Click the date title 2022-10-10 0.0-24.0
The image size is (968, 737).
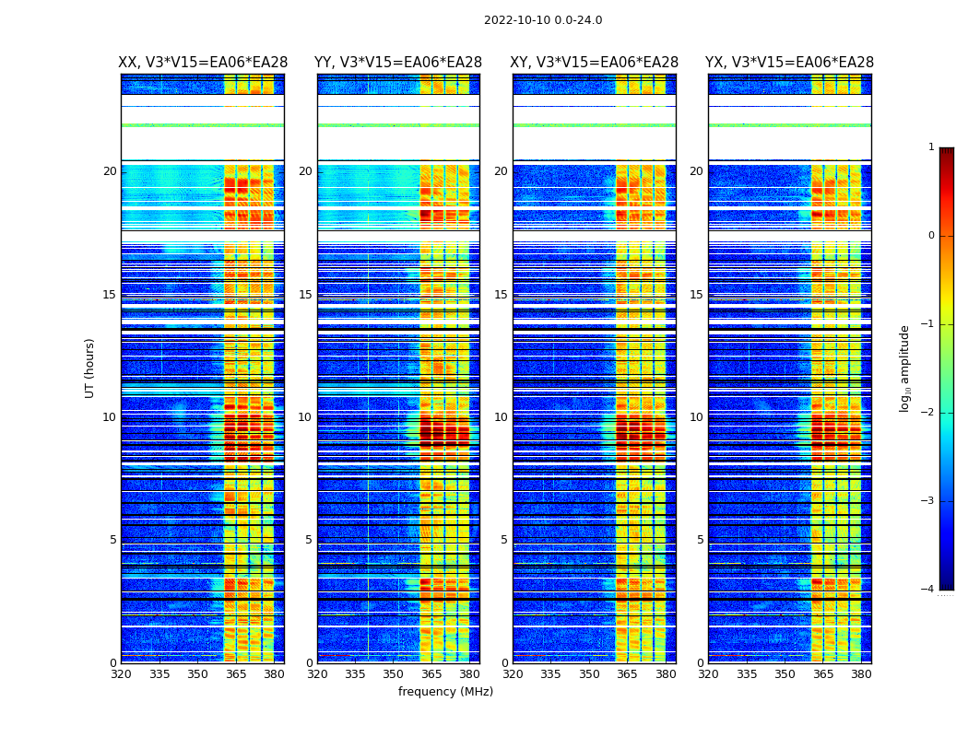[543, 20]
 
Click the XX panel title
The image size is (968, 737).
[203, 63]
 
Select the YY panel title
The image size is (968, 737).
[398, 63]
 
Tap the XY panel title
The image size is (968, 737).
[595, 63]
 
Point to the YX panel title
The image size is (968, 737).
[789, 63]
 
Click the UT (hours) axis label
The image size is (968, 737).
[90, 368]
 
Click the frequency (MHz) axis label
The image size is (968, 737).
[445, 692]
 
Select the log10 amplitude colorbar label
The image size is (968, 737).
[905, 368]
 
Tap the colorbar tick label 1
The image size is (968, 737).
[931, 147]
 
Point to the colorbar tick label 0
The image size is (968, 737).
[931, 236]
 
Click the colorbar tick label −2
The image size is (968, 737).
[928, 413]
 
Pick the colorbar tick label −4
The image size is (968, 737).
[928, 590]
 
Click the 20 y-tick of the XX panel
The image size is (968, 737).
[110, 171]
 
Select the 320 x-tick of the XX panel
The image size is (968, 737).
[121, 674]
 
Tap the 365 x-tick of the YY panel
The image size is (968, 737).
[431, 674]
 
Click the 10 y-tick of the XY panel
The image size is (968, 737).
[501, 417]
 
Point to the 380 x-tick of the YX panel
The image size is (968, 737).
[861, 674]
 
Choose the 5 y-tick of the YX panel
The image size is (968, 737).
[700, 540]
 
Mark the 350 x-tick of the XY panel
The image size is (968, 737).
[589, 674]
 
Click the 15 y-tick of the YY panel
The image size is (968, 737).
[305, 295]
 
